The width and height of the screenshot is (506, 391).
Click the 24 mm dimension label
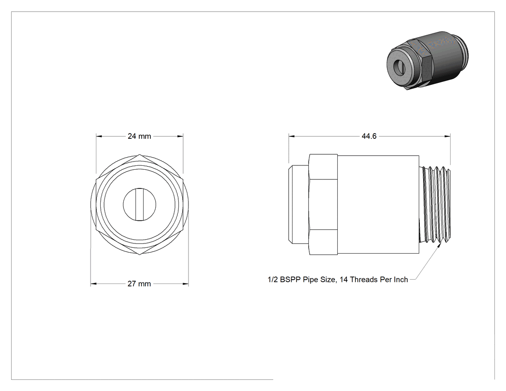pos(139,136)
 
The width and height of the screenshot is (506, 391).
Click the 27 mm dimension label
pos(139,284)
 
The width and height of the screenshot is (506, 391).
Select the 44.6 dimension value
pos(369,136)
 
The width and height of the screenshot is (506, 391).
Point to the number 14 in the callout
pos(343,280)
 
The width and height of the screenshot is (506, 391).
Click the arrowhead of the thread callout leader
pos(439,245)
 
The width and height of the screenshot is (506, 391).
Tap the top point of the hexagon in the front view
pos(139,154)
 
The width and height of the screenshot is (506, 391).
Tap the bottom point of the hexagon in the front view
pos(139,255)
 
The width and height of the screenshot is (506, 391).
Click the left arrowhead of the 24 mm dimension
pos(99,136)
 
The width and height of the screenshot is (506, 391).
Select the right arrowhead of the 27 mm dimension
pos(186,284)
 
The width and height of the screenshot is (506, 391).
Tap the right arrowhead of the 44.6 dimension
pos(448,136)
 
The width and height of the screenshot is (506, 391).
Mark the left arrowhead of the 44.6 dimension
pos(292,136)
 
